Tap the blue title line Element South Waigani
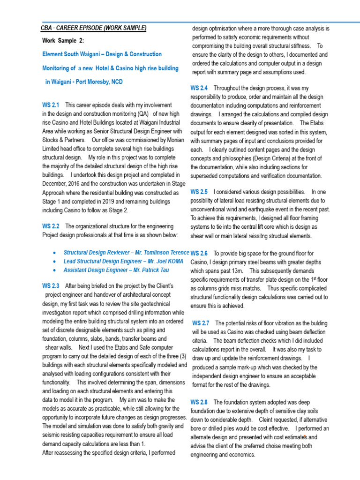click(102, 54)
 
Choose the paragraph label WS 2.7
click(201, 323)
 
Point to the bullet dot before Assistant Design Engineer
click(56, 270)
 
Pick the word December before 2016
click(57, 184)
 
